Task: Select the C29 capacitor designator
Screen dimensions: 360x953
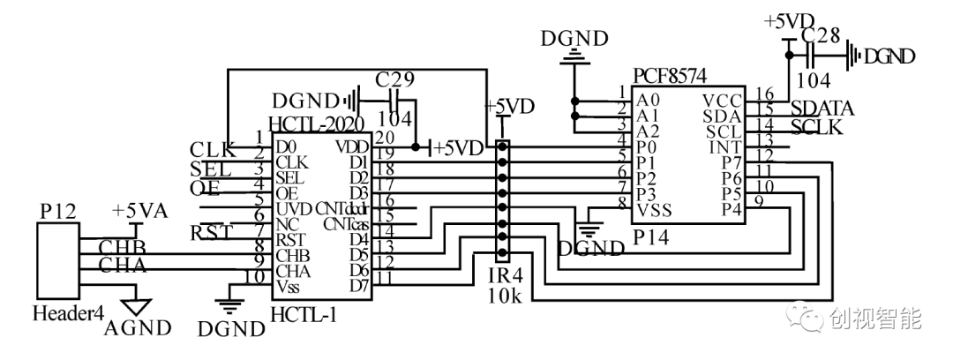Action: tap(394, 79)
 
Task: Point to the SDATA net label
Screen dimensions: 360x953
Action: tap(822, 109)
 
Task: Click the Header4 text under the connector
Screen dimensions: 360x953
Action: tap(63, 312)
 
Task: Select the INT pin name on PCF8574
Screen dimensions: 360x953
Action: tap(725, 146)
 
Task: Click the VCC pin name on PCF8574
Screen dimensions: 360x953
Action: tap(723, 100)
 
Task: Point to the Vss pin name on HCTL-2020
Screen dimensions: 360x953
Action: tap(289, 287)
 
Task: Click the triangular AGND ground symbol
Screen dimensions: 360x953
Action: tap(135, 306)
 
